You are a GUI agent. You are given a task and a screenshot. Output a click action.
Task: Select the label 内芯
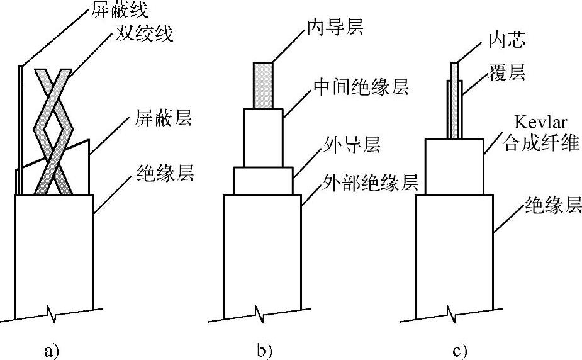(x=507, y=41)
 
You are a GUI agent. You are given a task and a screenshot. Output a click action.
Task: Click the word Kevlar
(x=534, y=120)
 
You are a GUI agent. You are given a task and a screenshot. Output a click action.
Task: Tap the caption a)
(x=53, y=349)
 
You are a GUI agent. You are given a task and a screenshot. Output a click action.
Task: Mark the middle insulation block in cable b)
(x=263, y=138)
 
